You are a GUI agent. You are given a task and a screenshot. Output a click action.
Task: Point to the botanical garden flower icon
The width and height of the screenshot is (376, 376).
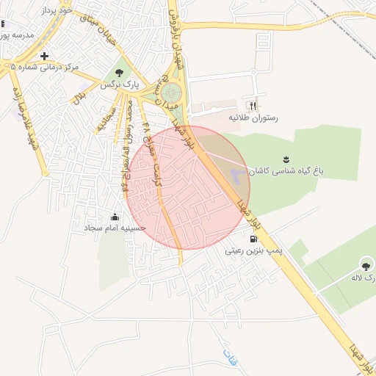pyautogui.click(x=286, y=158)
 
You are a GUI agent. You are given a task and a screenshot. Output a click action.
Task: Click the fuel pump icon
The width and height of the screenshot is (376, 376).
pyautogui.click(x=253, y=238)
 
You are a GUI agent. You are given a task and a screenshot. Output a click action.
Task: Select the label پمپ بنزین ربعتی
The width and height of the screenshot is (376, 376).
pyautogui.click(x=254, y=250)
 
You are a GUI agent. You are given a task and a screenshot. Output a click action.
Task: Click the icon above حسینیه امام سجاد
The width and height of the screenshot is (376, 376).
pyautogui.click(x=115, y=217)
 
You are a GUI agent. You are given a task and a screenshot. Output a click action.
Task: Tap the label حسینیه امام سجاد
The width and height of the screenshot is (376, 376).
pyautogui.click(x=115, y=229)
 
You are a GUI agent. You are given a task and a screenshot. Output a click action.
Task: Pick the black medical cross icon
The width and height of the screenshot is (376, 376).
pyautogui.click(x=45, y=56)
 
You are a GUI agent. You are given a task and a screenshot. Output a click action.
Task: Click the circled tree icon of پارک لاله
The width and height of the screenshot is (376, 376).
pyautogui.click(x=366, y=264)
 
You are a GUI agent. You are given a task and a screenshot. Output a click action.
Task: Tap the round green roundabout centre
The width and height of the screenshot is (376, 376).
pyautogui.click(x=171, y=93)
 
